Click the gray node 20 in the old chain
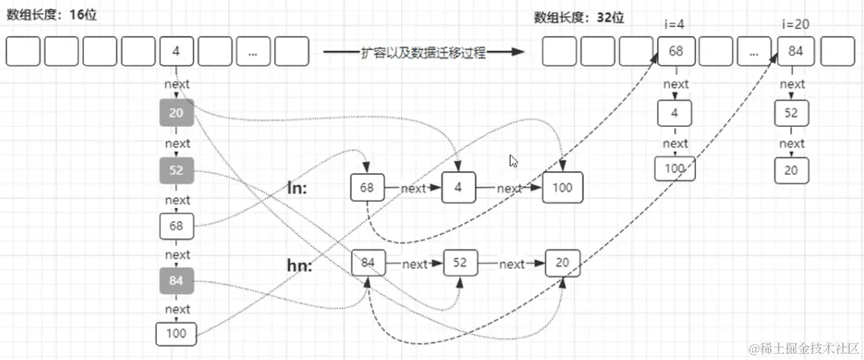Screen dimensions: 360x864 [176, 112]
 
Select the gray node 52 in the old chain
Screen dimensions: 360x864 [176, 171]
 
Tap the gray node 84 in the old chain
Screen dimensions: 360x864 [176, 281]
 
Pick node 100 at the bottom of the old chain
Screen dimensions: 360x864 [176, 334]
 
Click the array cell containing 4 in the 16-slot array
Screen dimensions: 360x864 [176, 52]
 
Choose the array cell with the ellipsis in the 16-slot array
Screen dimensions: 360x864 [253, 52]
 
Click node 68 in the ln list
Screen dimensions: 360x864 [367, 187]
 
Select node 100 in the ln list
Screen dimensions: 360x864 [562, 187]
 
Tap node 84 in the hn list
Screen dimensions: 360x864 [368, 264]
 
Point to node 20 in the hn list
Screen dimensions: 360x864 [562, 264]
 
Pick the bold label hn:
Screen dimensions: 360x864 [299, 264]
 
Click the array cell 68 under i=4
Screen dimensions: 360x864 [676, 52]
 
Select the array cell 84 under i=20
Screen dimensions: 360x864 [795, 52]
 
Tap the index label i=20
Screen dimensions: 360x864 [795, 24]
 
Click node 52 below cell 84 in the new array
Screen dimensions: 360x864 [792, 113]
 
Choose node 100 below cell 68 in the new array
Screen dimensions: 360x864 [675, 169]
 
